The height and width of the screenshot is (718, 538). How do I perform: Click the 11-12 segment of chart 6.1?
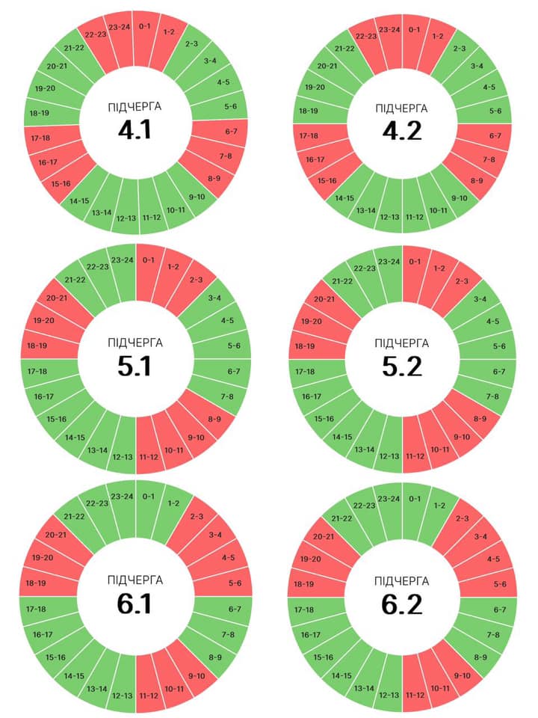click(148, 696)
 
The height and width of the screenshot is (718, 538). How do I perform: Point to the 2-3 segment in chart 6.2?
click(463, 518)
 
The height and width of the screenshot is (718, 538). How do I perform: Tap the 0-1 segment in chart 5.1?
click(148, 260)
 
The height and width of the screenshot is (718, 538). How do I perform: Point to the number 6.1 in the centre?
click(135, 603)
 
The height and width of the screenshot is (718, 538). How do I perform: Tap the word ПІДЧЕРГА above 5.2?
click(402, 343)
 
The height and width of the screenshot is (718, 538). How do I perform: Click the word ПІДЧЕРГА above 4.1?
click(135, 107)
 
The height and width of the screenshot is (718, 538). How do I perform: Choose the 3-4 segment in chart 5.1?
click(215, 298)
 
